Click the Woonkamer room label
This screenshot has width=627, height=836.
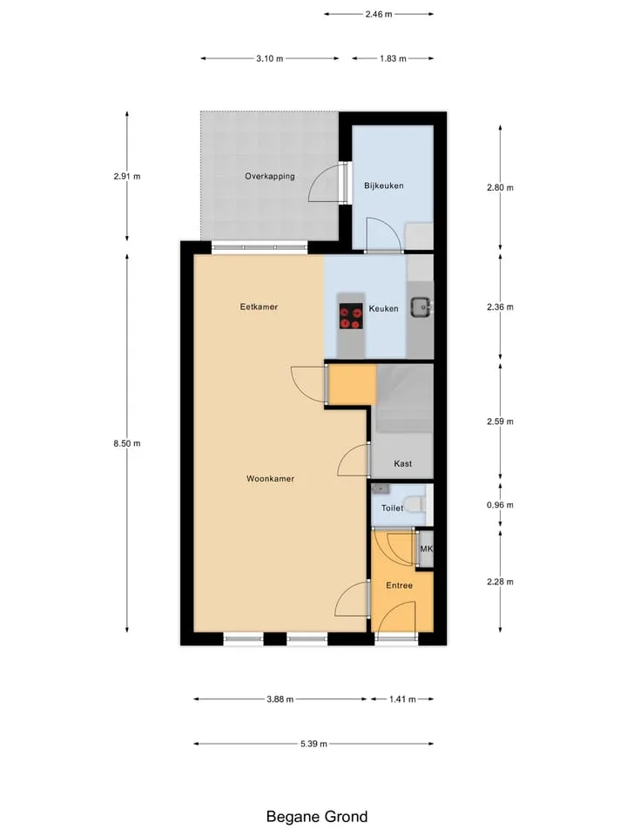tap(270, 479)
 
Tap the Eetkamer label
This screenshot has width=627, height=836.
tap(259, 307)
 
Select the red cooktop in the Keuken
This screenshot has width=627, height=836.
tap(351, 317)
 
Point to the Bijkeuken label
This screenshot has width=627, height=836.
tap(384, 185)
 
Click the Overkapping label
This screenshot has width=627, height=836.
tap(270, 177)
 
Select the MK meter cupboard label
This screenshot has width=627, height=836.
tap(426, 549)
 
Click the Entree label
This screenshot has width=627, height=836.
tap(400, 585)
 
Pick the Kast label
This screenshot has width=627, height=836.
tap(402, 464)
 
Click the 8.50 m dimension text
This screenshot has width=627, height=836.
tap(127, 443)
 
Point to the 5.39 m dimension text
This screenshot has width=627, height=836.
tap(313, 744)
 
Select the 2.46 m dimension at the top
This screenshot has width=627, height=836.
tap(379, 15)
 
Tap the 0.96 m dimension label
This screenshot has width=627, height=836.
tap(500, 505)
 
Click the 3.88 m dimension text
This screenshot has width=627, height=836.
tap(280, 699)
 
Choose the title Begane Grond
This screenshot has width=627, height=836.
tap(317, 817)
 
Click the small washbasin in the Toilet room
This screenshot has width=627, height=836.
tap(381, 489)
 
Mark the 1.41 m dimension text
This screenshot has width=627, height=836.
tap(402, 699)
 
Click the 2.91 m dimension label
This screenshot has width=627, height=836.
tap(127, 177)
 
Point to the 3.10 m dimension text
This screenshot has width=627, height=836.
tap(269, 58)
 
